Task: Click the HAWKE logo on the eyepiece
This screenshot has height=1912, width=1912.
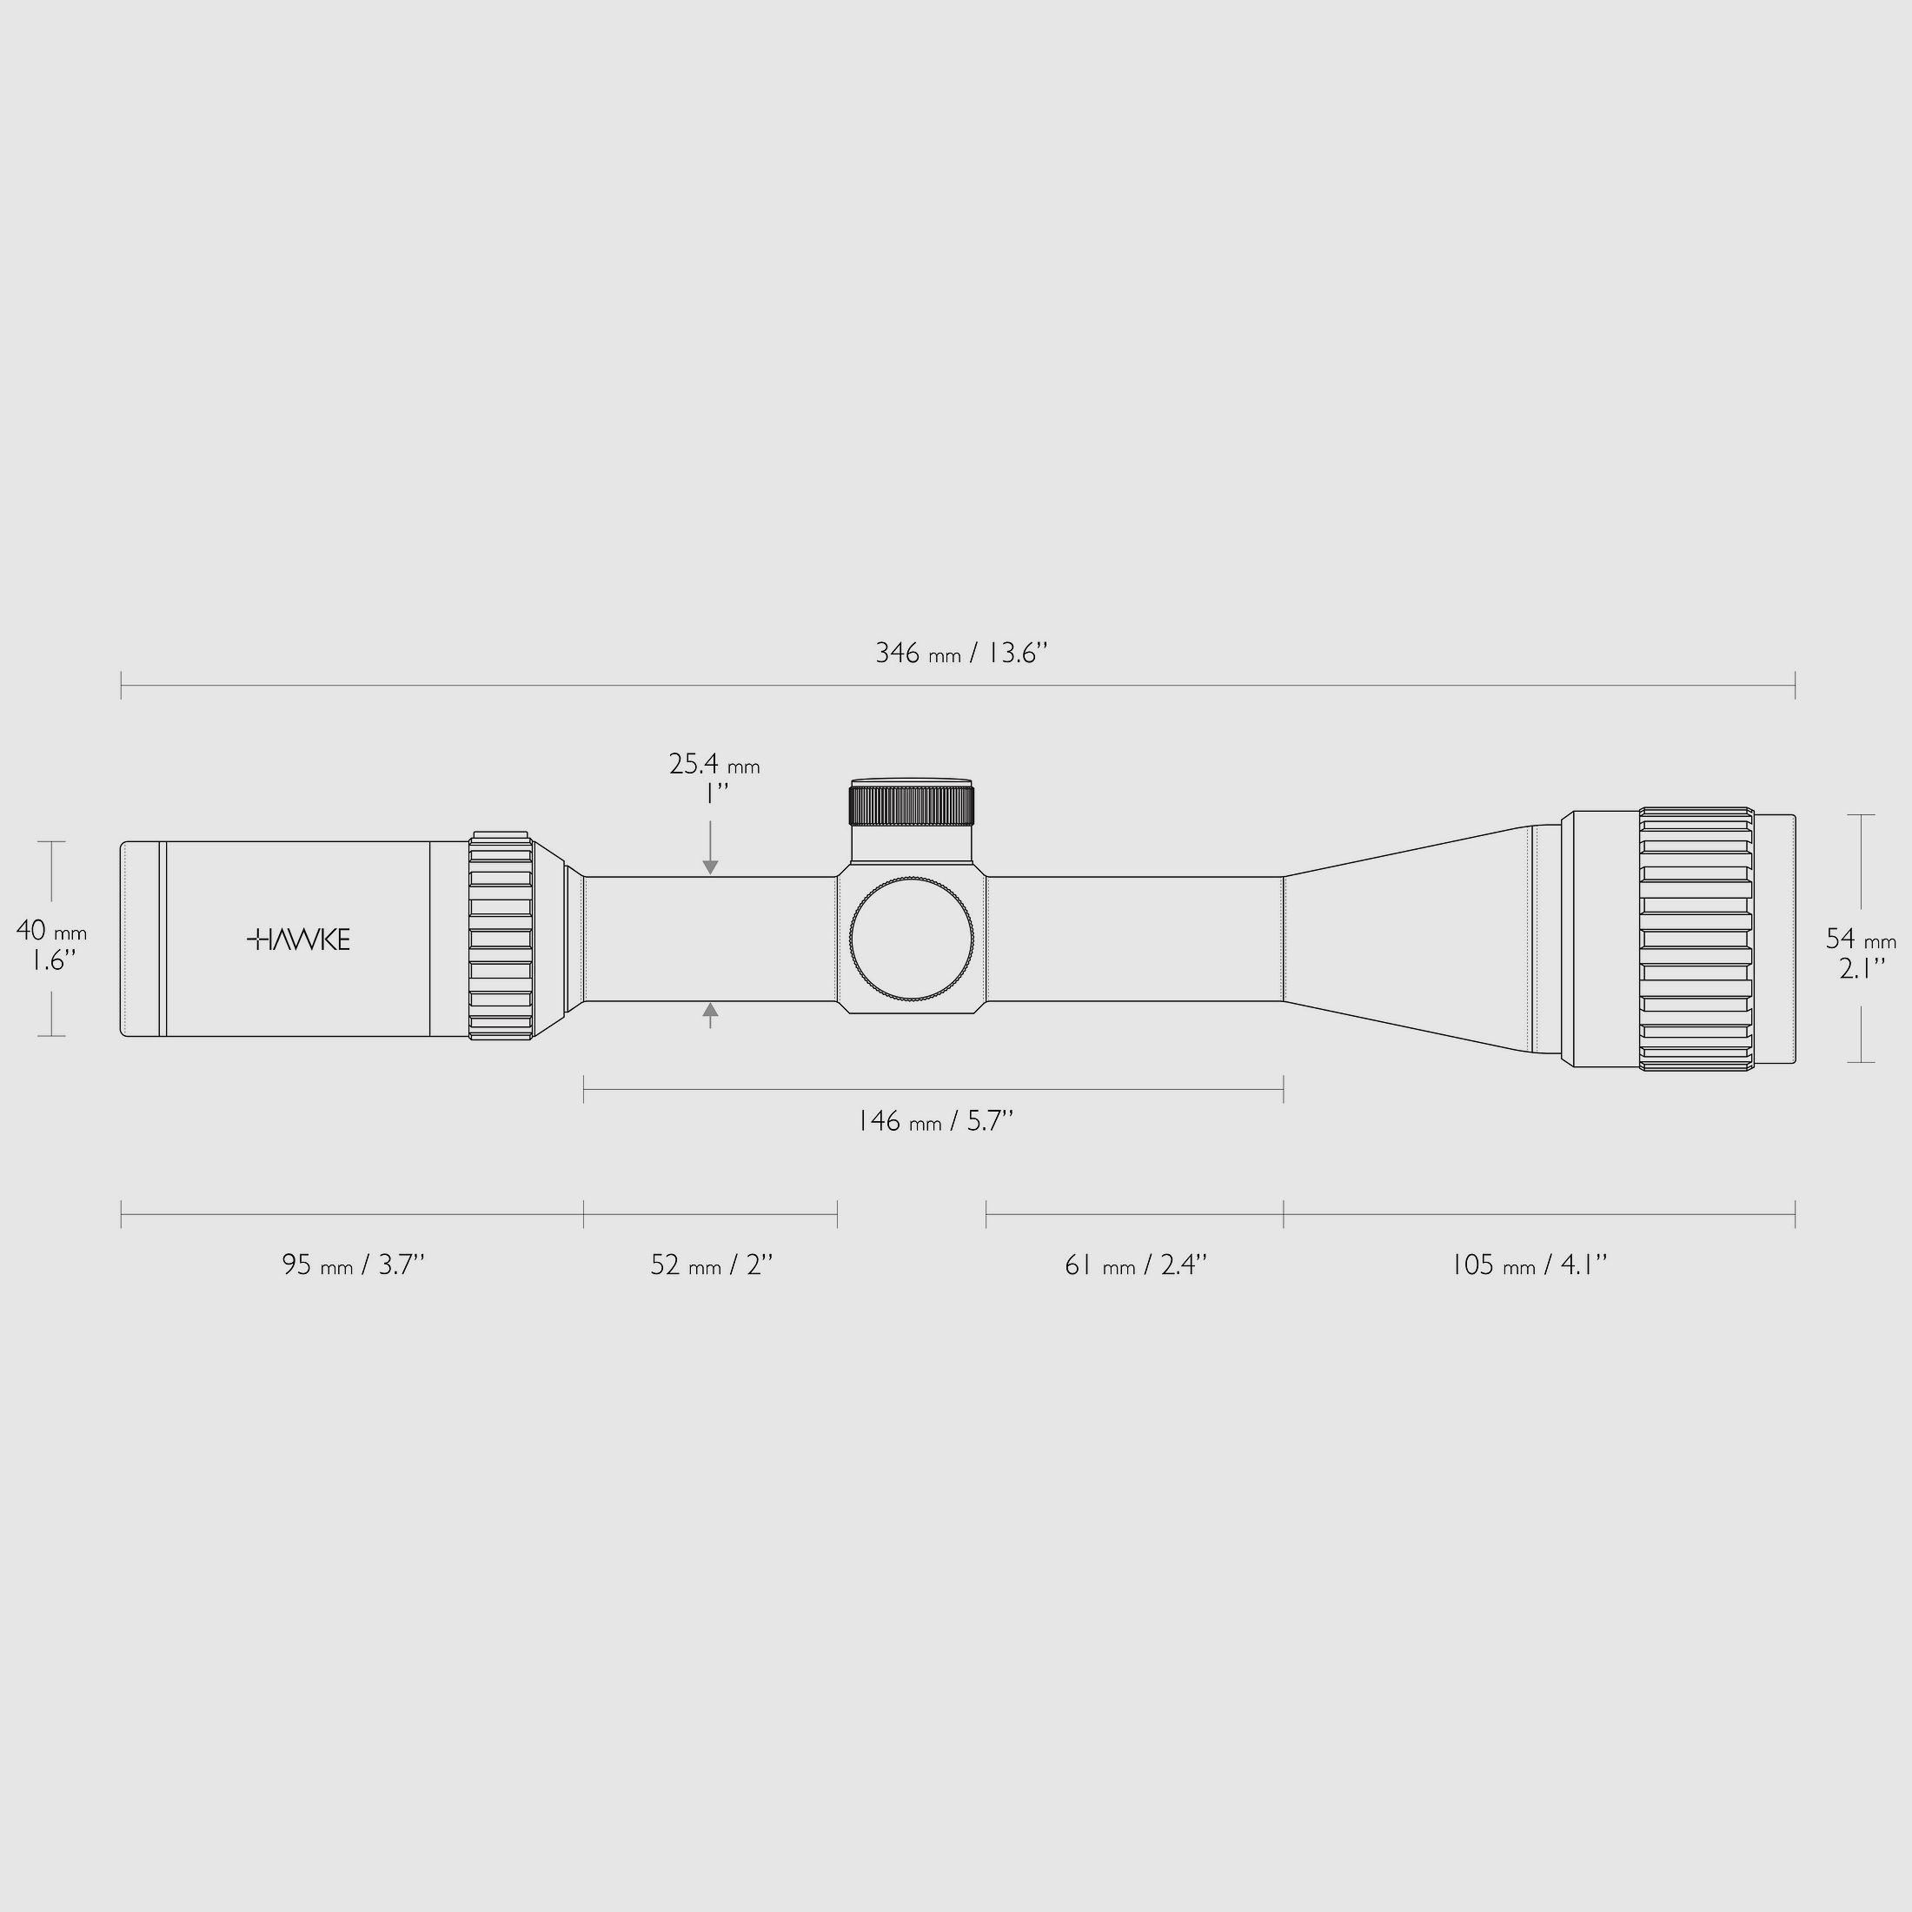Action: click(x=298, y=939)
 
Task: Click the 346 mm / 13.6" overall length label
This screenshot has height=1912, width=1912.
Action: click(x=960, y=654)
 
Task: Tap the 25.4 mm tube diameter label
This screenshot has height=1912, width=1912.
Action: click(x=714, y=765)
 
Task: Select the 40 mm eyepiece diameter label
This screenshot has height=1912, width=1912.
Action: click(x=50, y=932)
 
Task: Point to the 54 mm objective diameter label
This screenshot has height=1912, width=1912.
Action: click(x=1861, y=939)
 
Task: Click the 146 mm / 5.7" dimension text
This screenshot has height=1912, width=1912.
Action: click(x=934, y=1121)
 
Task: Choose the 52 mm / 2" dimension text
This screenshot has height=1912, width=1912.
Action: click(x=711, y=1265)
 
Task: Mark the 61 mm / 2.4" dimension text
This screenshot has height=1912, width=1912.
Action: click(x=1135, y=1265)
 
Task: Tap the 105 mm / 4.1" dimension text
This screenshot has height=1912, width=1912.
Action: click(x=1528, y=1265)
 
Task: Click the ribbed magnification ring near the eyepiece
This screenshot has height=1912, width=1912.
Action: click(x=501, y=936)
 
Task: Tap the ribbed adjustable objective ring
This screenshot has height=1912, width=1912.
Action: click(x=1696, y=939)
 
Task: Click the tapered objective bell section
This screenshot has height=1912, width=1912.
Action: click(x=1405, y=939)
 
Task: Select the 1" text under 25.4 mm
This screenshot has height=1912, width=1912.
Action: click(x=715, y=793)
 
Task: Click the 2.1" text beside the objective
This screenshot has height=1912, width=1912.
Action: click(x=1861, y=968)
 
